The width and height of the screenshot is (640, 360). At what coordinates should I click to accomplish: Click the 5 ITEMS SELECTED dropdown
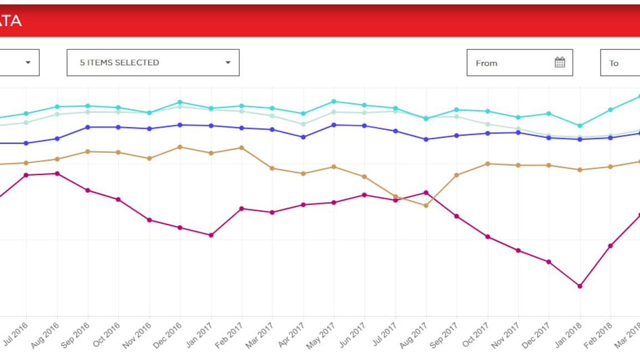[153, 63]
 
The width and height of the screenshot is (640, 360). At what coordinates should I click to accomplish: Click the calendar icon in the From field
[560, 63]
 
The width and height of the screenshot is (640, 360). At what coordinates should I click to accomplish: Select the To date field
[619, 63]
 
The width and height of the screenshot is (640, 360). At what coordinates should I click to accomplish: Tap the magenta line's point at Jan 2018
[580, 286]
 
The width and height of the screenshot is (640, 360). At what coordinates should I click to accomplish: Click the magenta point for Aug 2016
[57, 173]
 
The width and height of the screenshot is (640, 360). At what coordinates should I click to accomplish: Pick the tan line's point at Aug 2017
[426, 205]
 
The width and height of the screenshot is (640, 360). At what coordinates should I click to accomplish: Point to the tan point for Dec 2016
[180, 147]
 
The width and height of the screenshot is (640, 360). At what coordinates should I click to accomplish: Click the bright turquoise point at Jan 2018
[580, 126]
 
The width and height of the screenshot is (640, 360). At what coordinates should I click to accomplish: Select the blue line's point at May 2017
[334, 125]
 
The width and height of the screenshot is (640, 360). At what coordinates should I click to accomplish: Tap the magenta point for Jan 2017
[211, 235]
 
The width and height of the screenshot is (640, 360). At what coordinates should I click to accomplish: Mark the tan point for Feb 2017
[242, 148]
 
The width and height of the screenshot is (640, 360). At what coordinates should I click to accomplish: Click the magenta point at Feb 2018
[611, 246]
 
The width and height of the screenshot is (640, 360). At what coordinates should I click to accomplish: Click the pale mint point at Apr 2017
[303, 124]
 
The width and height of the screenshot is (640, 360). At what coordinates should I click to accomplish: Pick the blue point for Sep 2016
[88, 127]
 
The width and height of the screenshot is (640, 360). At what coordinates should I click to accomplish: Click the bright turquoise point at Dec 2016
[180, 102]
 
